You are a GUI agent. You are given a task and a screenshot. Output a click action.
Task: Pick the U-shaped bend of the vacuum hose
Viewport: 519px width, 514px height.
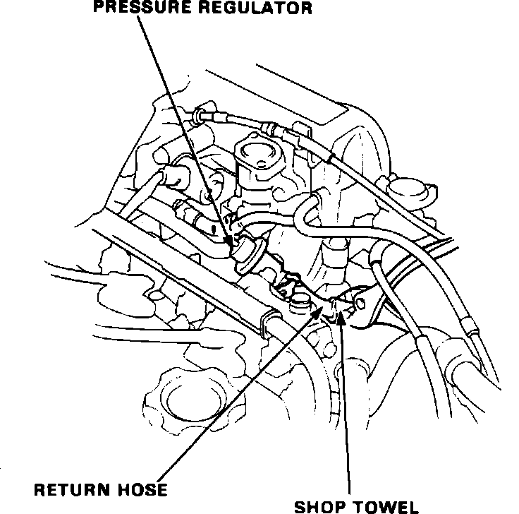pos(304,208)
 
